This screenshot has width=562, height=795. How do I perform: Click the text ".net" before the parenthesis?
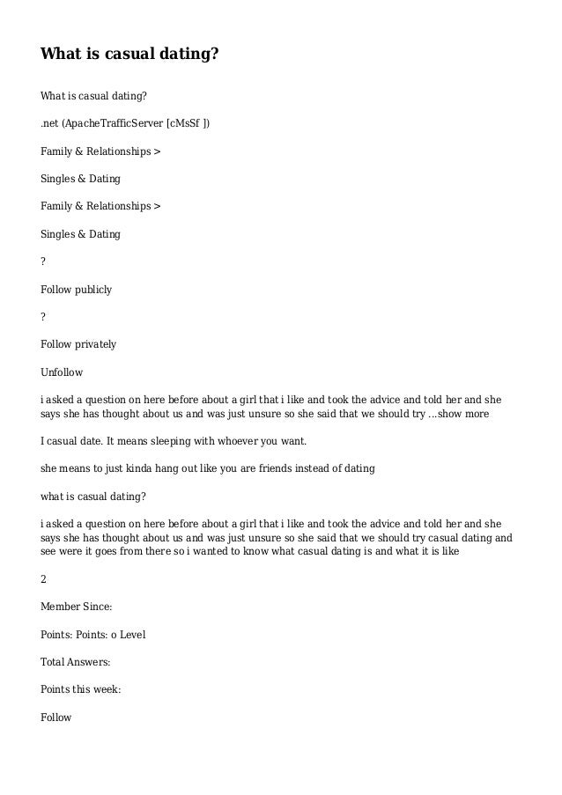tap(49, 124)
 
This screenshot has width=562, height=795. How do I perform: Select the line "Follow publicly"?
tap(76, 289)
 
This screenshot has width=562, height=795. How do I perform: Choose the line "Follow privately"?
tap(78, 343)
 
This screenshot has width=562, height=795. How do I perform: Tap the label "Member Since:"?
tap(76, 608)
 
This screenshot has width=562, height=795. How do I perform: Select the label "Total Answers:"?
tap(75, 662)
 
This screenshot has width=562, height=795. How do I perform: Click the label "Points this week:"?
tap(80, 689)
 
